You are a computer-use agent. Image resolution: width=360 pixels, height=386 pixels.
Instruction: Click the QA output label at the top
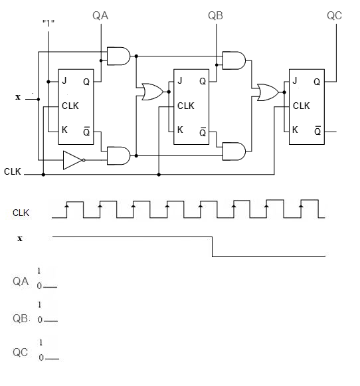[101, 15]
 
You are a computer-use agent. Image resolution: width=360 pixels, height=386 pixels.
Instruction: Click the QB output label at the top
[216, 15]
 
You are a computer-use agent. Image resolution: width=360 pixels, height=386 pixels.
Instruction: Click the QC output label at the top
[334, 15]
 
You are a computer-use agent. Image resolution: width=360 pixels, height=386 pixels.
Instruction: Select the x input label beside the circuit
[18, 98]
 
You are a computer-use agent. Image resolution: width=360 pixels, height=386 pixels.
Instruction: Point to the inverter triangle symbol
[72, 160]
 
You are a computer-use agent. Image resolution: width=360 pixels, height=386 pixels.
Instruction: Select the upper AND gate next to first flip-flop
[118, 56]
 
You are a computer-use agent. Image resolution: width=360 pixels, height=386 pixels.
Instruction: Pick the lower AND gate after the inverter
[118, 155]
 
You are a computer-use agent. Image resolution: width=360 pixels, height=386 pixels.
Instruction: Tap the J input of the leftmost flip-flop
[64, 82]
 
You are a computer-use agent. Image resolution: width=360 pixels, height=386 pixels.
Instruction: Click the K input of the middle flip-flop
[179, 130]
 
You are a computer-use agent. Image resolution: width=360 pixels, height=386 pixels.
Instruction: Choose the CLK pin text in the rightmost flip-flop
[301, 106]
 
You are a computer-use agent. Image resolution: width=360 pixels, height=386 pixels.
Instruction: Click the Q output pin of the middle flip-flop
[202, 82]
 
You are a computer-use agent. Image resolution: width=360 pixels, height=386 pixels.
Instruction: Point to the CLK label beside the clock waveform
[21, 213]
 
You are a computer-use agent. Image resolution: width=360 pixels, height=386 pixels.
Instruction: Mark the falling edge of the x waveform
[212, 246]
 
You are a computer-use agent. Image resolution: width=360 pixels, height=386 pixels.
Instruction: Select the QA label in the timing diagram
[21, 282]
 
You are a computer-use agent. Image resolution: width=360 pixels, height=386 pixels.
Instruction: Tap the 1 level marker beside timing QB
[40, 305]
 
